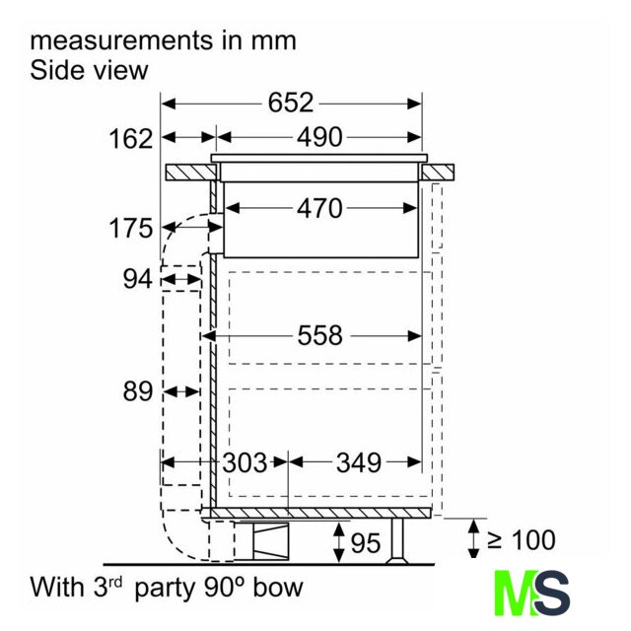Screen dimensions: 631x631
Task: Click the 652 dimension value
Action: [291, 103]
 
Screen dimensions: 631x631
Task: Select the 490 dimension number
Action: [319, 137]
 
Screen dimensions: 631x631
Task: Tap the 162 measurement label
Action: [131, 139]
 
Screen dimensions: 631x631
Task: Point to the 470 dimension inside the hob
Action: [319, 208]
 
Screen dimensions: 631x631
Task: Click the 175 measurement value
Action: [131, 228]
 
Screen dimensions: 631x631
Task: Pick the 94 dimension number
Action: [138, 279]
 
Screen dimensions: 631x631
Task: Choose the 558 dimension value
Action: [319, 335]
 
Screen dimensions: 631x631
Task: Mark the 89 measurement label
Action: [138, 391]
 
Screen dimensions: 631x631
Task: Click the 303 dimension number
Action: [245, 462]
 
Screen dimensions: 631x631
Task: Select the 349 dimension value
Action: [359, 462]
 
